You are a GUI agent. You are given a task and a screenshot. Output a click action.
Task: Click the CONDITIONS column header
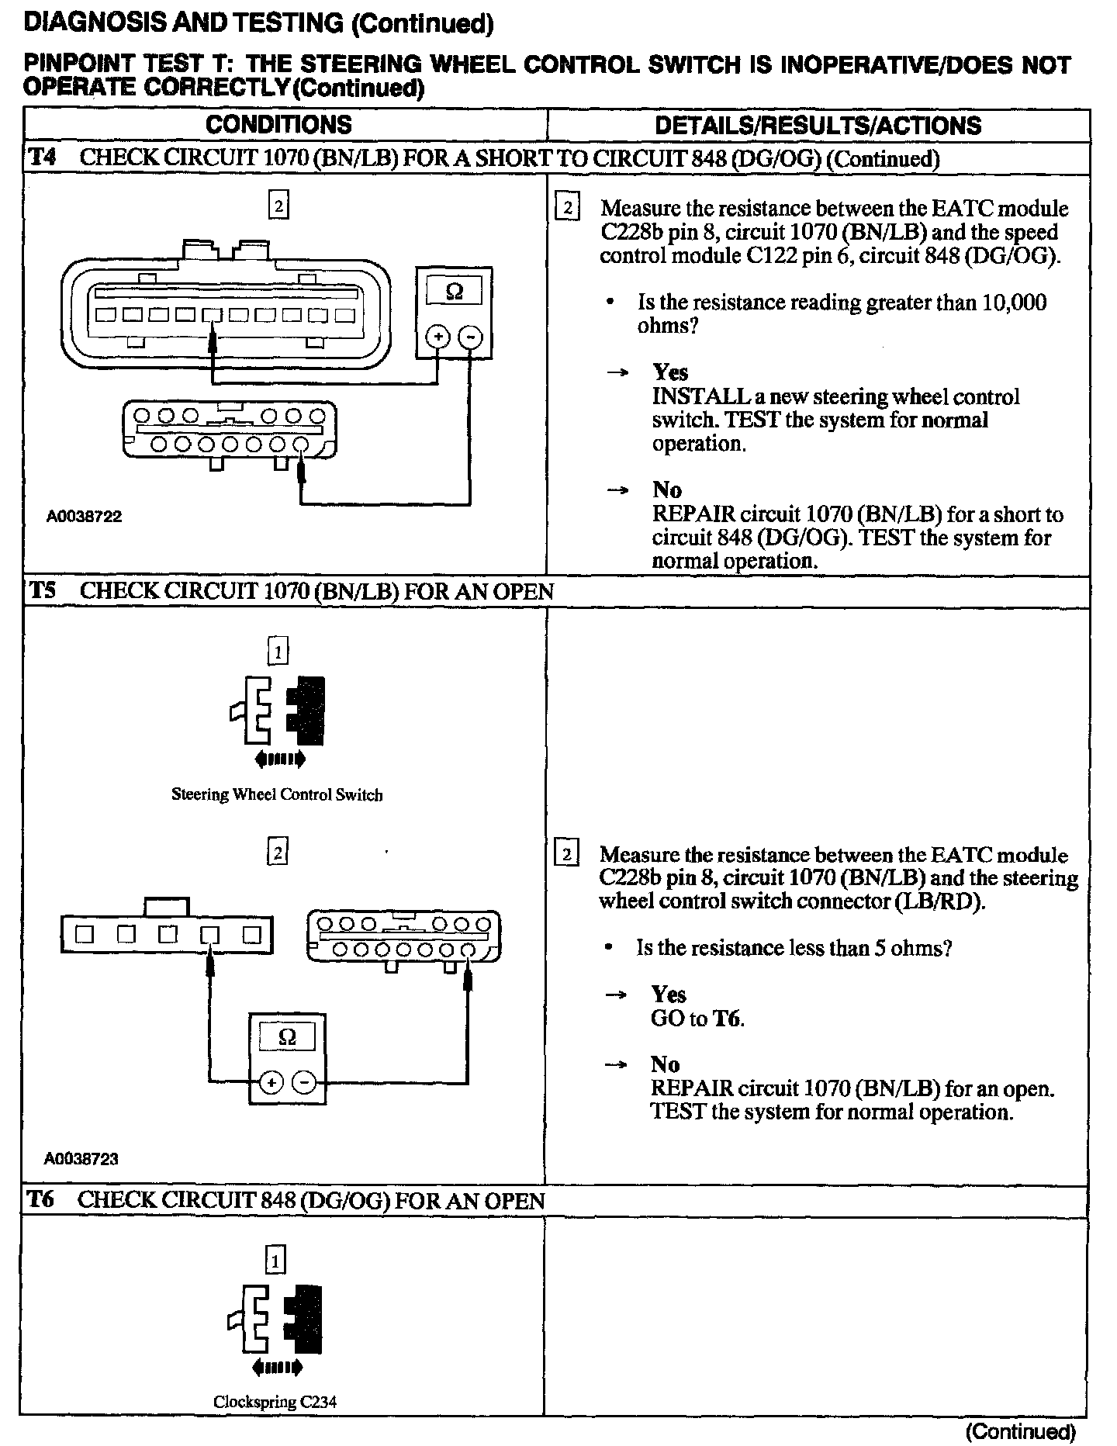point(278,125)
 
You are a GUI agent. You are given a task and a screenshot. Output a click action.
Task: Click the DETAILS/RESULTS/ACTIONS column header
point(818,126)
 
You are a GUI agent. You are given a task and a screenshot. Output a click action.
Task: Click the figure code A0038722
point(84,517)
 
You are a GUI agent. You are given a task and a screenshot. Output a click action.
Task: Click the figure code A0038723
point(81,1159)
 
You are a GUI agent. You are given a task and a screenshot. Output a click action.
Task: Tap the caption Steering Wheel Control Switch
point(277,794)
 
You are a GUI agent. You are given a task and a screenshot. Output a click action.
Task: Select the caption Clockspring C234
point(275,1403)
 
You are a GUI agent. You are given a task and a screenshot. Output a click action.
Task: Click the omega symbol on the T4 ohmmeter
point(455,292)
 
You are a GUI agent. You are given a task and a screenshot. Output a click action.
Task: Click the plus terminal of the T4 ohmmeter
point(438,337)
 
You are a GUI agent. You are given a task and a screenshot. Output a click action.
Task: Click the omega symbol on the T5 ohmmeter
point(286,1038)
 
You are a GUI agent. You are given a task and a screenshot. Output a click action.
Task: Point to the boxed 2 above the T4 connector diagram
point(278,206)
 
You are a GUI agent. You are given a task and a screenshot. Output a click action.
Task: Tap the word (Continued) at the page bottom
point(1021,1431)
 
